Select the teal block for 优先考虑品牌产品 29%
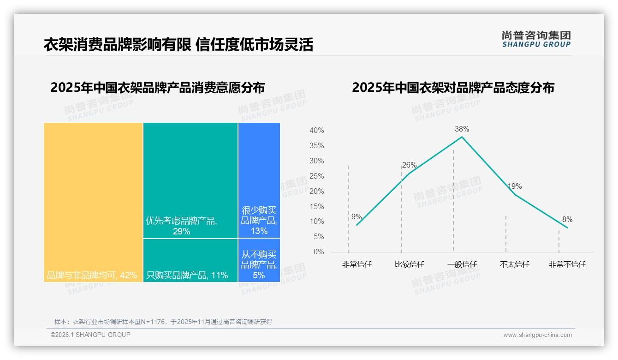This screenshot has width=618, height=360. coord(190,180)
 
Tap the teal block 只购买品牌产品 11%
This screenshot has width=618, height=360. coord(190,260)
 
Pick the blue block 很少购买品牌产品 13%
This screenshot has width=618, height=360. coord(259,180)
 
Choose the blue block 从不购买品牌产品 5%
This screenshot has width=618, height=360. coord(259,260)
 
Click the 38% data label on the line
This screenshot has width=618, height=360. coord(462,129)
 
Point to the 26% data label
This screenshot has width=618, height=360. coord(409,165)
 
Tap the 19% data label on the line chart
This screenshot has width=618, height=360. coord(514,186)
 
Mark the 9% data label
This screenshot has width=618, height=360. coord(357,216)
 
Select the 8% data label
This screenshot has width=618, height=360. coord(567,219)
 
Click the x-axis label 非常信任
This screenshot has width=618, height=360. coord(357,264)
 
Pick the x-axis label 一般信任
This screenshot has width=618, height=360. coord(462,264)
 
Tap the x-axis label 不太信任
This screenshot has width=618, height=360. coord(514,264)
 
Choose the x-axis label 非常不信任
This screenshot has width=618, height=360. coord(567,264)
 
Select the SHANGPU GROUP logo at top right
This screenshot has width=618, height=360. coord(536,39)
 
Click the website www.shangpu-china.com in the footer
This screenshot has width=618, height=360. coord(537,335)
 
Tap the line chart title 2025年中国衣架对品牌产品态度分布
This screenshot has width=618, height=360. coord(453,88)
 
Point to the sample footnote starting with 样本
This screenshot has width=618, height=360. coord(163,322)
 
